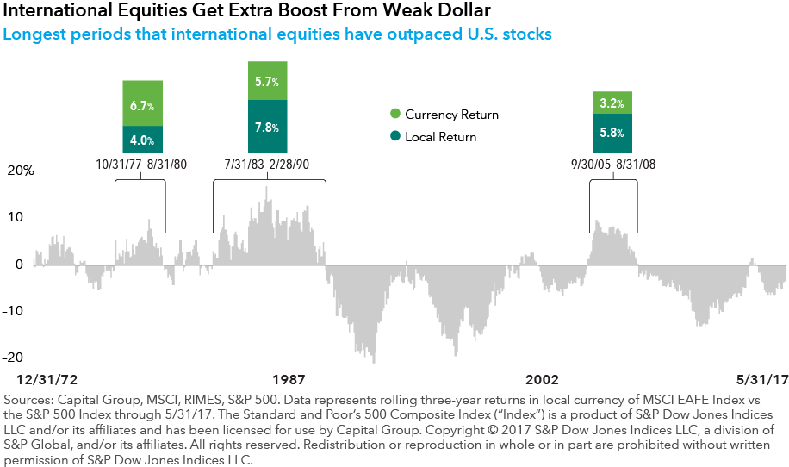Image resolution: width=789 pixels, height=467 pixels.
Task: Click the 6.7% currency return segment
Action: (142, 104)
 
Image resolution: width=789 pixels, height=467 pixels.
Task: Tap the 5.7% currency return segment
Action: (267, 81)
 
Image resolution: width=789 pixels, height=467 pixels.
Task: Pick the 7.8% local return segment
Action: (267, 127)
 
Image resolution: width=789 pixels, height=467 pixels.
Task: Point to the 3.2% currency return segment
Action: (612, 103)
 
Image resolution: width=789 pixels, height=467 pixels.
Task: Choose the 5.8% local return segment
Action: (612, 134)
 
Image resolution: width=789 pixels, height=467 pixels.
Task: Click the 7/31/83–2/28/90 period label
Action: (269, 164)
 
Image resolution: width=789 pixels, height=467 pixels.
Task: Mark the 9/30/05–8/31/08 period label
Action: (613, 164)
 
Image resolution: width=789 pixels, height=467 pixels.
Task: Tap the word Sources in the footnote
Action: (30, 402)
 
